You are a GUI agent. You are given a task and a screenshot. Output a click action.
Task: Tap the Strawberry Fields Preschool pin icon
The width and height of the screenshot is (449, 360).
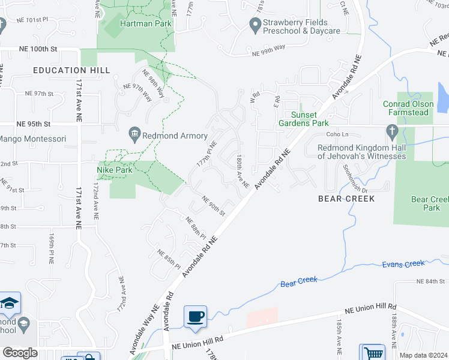click(254, 25)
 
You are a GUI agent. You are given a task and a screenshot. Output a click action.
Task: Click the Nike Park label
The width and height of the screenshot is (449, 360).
click(115, 170)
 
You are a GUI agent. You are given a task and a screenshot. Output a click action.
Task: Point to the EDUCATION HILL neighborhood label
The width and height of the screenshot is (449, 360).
click(71, 70)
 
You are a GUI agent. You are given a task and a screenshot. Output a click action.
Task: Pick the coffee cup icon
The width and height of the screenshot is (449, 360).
click(195, 316)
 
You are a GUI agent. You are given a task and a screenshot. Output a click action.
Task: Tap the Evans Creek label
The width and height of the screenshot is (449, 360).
click(403, 263)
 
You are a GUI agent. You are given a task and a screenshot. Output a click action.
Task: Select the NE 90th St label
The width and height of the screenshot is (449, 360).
click(213, 206)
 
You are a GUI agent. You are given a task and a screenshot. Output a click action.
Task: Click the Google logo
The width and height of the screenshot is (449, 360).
click(20, 353)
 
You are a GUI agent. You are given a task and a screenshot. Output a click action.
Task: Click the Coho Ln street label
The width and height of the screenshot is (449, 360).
click(336, 134)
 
